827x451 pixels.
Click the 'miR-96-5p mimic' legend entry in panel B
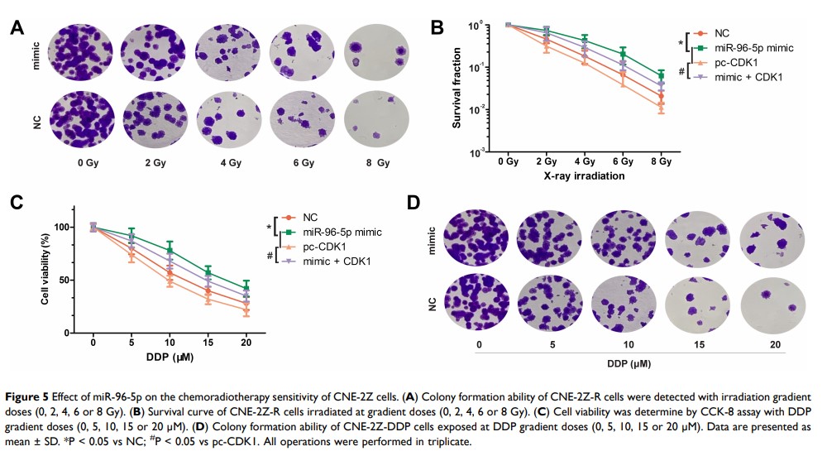(748, 48)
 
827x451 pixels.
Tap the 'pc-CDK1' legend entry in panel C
(318, 247)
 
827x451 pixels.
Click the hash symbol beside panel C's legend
(270, 256)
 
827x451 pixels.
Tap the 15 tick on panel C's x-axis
(208, 342)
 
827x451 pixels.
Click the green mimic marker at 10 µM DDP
(170, 251)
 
